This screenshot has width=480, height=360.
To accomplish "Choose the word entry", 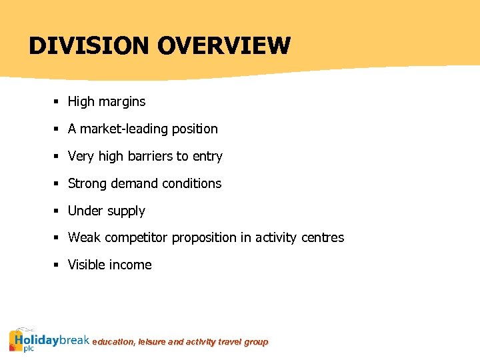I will click(207, 157).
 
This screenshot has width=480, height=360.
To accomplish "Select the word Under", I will click(85, 211).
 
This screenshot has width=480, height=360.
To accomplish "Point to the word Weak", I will click(85, 237).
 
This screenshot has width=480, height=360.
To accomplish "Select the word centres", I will click(322, 237).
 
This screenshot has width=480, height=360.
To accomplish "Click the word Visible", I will click(89, 265).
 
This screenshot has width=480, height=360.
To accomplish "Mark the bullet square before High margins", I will click(58, 103).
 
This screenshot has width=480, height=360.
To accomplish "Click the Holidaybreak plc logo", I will click(49, 340).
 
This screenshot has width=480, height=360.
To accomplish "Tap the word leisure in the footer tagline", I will click(153, 342).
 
